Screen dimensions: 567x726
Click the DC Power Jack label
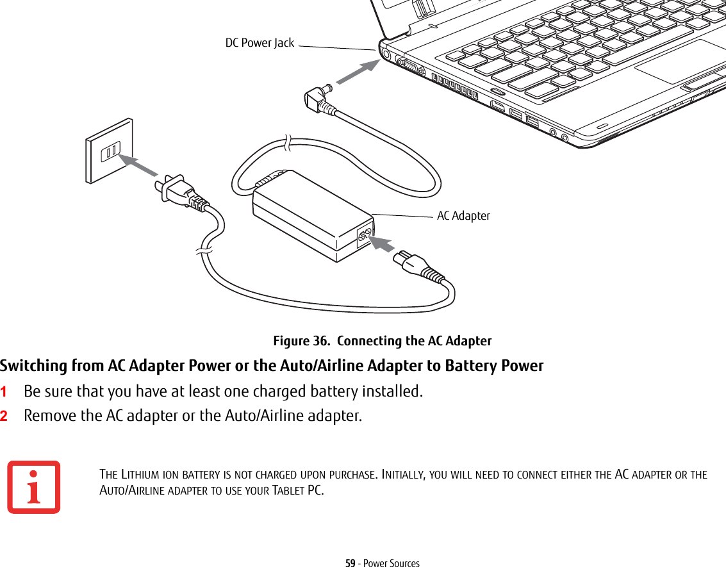tap(260, 43)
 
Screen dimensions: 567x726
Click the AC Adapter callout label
tap(463, 216)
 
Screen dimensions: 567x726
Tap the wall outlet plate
tap(110, 151)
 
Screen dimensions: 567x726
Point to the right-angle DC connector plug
tap(319, 98)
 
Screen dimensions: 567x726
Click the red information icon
tap(34, 487)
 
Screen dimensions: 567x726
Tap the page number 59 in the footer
tap(350, 563)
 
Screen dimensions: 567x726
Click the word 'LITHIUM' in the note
tap(137, 475)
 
